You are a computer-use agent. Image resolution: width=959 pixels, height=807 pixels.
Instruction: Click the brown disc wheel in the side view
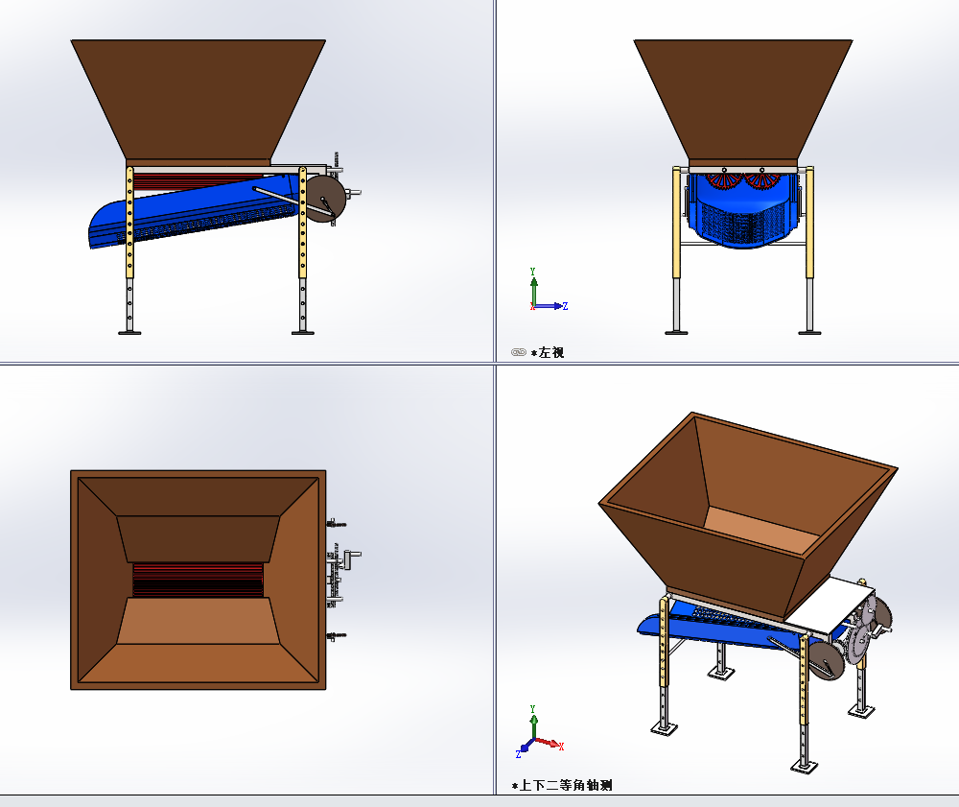coord(325,199)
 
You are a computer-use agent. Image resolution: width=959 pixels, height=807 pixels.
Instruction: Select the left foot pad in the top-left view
coord(129,333)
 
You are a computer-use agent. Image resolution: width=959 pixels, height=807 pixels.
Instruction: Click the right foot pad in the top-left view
coord(303,333)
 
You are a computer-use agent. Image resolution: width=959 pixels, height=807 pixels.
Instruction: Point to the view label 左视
coord(551,352)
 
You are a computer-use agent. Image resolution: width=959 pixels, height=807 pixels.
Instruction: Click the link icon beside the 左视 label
coord(519,352)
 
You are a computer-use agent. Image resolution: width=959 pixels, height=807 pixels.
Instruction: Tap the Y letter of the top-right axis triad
coord(532,271)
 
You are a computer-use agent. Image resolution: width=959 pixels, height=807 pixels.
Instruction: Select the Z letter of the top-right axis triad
coord(565,306)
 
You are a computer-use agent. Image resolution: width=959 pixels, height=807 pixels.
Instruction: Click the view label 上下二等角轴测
coord(566,785)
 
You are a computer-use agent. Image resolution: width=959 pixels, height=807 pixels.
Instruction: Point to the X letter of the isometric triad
coord(561,746)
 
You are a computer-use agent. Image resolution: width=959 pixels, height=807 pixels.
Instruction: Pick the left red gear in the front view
coord(724,179)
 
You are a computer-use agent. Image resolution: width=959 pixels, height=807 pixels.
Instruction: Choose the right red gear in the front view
coord(762,179)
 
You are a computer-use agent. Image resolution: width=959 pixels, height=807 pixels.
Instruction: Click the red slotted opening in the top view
coord(199,580)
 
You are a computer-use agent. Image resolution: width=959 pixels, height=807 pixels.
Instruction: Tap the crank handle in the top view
coord(352,558)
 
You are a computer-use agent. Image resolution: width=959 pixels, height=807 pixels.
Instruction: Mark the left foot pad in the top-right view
coord(676,333)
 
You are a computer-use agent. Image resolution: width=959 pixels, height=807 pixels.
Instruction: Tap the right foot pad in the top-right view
coord(809,333)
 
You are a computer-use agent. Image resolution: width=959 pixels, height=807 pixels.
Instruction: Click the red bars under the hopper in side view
coord(196,181)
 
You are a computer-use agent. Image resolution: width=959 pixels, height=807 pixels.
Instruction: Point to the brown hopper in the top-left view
coord(199,101)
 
